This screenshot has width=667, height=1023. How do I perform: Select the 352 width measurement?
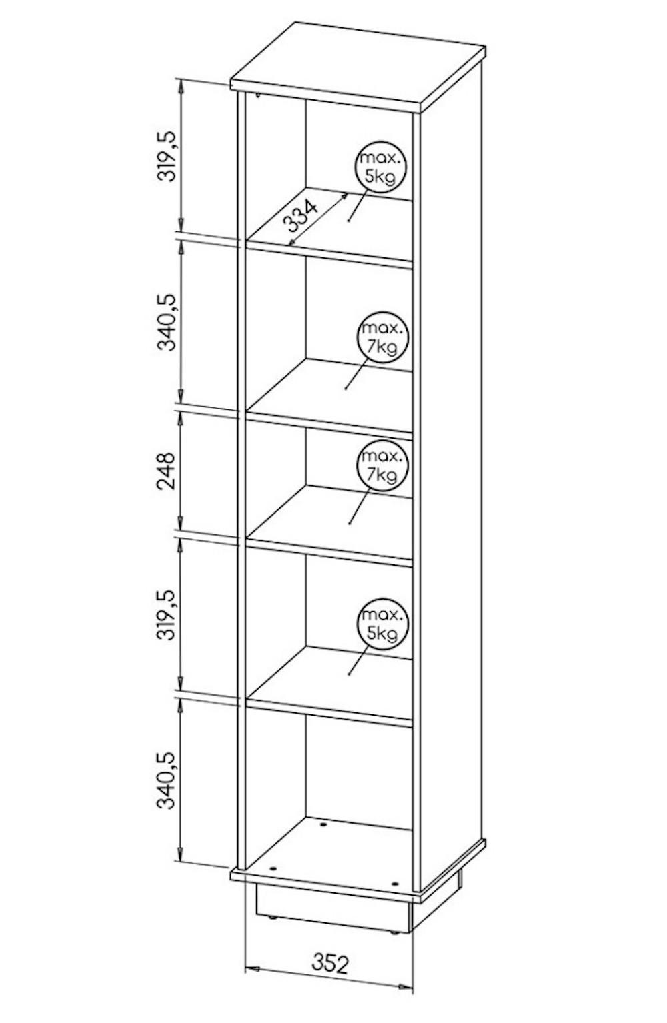tap(330, 964)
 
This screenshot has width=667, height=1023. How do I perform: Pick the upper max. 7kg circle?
tap(382, 337)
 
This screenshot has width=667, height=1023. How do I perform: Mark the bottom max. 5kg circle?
tap(382, 623)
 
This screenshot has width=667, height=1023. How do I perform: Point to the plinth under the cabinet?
tap(333, 904)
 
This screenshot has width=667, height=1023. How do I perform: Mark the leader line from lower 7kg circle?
tap(359, 507)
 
